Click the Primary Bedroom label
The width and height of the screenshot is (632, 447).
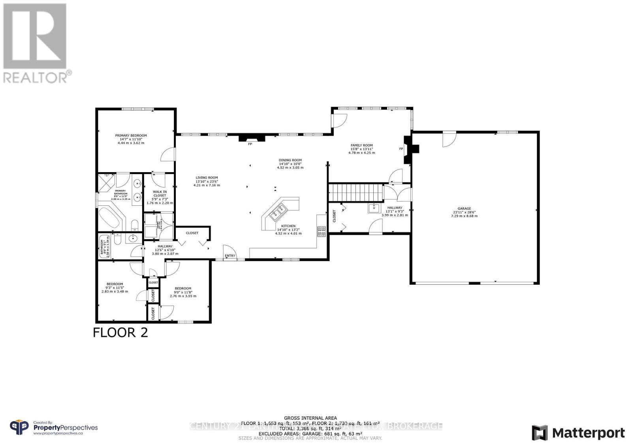[131, 135]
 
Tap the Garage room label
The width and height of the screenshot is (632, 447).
[464, 208]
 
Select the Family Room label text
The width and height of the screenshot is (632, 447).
[361, 145]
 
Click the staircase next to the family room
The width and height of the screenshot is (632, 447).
[357, 193]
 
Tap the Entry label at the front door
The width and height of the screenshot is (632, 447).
[230, 255]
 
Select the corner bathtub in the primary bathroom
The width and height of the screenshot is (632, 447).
[110, 217]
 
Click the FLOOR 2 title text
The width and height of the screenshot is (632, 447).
[120, 332]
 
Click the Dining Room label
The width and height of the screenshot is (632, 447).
[290, 160]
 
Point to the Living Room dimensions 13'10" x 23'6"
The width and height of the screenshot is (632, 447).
[207, 181]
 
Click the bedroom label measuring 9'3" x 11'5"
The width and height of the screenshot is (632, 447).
[115, 284]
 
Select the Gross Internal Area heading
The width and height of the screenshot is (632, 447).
[310, 418]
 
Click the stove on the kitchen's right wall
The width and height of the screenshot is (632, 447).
[321, 231]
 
